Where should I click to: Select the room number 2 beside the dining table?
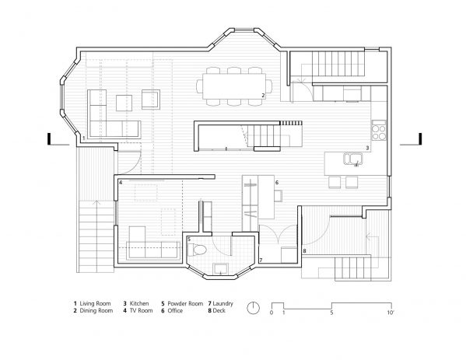264,96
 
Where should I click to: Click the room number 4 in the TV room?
121,183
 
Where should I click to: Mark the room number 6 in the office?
276,183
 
